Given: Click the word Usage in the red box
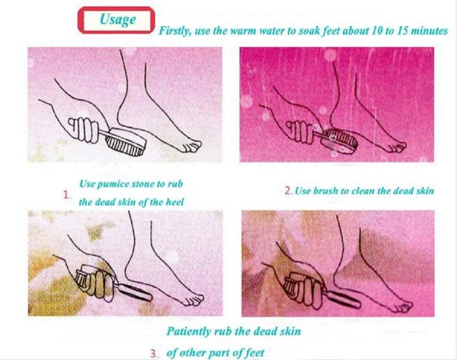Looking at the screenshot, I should [x=117, y=20].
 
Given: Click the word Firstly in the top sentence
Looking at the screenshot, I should [x=175, y=30].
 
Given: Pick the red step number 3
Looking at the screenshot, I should [x=155, y=354].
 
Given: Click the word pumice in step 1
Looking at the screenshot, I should [x=124, y=184].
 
